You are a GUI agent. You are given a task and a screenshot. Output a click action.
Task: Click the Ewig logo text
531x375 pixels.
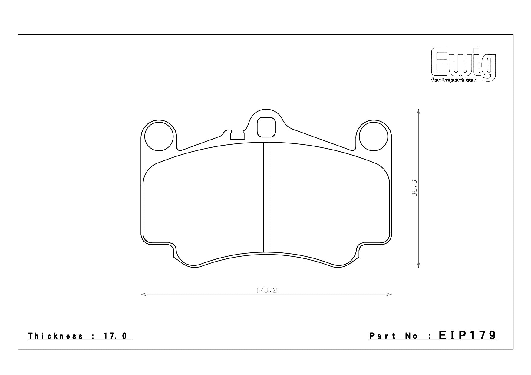[463, 64]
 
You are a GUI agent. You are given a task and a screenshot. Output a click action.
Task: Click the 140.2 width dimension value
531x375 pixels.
[266, 291]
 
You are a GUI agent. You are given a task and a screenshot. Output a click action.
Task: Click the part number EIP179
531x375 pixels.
[467, 335]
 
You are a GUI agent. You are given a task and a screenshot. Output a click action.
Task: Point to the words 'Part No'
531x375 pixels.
[394, 336]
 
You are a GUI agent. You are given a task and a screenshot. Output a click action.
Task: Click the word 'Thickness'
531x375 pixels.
[56, 336]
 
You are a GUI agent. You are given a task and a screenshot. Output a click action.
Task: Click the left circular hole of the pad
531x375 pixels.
[159, 137]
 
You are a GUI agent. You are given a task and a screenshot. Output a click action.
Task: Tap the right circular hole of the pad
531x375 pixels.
[373, 137]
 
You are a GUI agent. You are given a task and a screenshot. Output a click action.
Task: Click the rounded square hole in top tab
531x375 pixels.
[266, 127]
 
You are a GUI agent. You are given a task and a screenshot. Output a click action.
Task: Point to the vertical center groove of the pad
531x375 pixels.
[266, 197]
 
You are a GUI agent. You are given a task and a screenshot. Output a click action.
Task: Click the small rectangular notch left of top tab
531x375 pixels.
[237, 136]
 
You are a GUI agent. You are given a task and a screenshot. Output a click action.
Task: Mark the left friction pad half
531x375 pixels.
[203, 206]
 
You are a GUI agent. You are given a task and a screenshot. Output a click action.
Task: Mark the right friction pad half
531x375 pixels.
[328, 206]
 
